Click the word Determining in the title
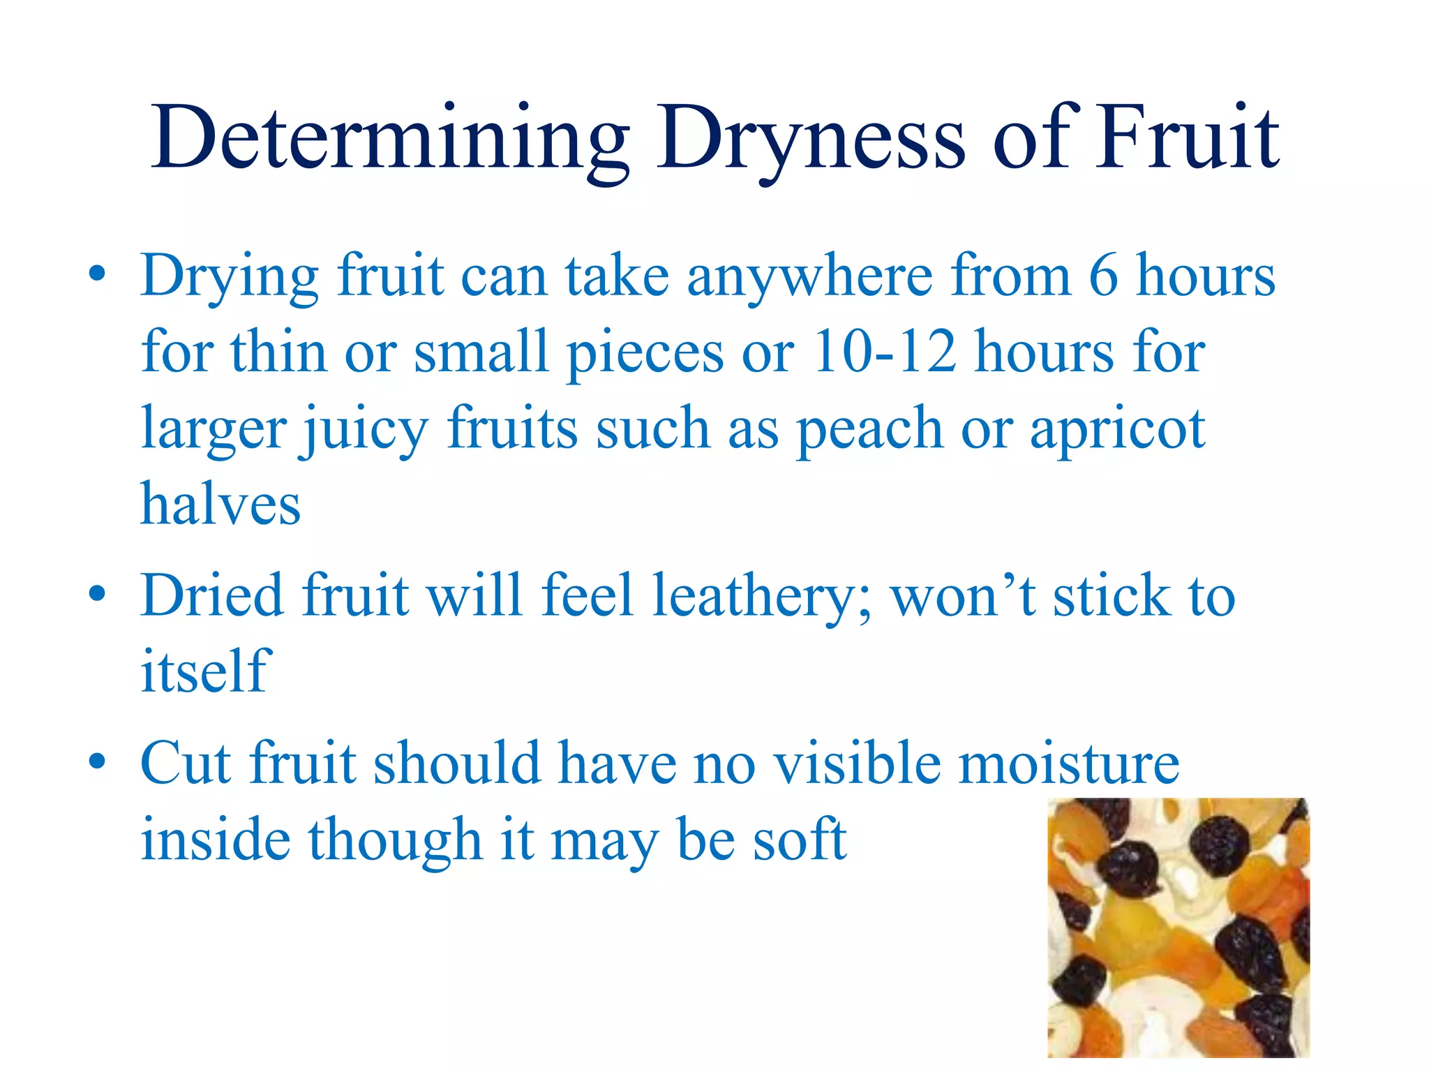pyautogui.click(x=391, y=137)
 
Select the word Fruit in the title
pyautogui.click(x=1187, y=137)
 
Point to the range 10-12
pyautogui.click(x=884, y=351)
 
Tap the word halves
pyautogui.click(x=220, y=503)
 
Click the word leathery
pyautogui.click(x=761, y=595)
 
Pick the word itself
pyautogui.click(x=204, y=671)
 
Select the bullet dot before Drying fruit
pyautogui.click(x=98, y=273)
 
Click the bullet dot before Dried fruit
pyautogui.click(x=98, y=593)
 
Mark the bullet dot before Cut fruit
pyautogui.click(x=98, y=760)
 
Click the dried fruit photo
pyautogui.click(x=1179, y=928)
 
